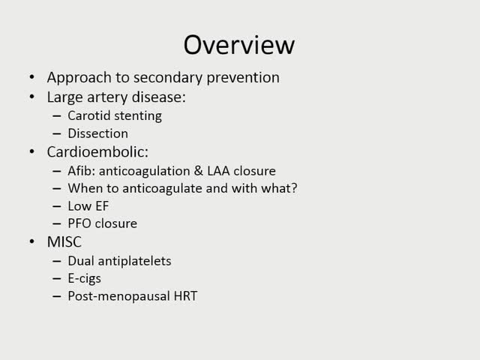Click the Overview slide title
239,45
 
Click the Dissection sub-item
97,133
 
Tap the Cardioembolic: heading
97,151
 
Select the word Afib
80,170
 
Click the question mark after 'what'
294,188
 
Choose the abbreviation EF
103,205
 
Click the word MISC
64,241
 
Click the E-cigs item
84,278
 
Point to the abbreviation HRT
182,296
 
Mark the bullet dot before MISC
32,241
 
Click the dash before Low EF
58,205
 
